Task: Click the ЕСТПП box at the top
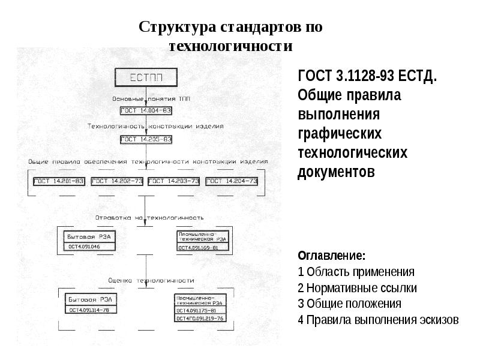pyautogui.click(x=146, y=77)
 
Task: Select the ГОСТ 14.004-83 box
pyautogui.click(x=146, y=110)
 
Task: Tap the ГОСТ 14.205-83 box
pyautogui.click(x=146, y=139)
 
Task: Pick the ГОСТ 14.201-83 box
pyautogui.click(x=59, y=181)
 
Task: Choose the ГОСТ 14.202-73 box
pyautogui.click(x=118, y=181)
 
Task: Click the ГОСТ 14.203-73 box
pyautogui.click(x=174, y=181)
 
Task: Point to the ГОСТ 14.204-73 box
pyautogui.click(x=232, y=181)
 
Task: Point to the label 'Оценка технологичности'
pyautogui.click(x=151, y=280)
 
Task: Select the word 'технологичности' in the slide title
pyautogui.click(x=230, y=46)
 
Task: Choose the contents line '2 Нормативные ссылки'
pyautogui.click(x=357, y=287)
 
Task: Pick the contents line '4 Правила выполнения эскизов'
pyautogui.click(x=378, y=319)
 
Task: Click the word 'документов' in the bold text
pyautogui.click(x=335, y=172)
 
